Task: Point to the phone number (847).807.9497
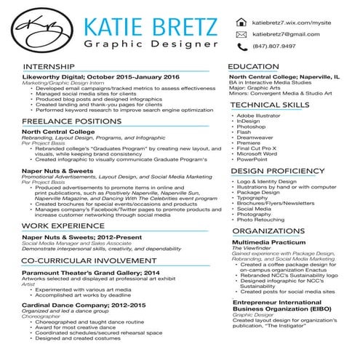274,47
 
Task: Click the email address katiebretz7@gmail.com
286,35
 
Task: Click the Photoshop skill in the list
250,127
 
